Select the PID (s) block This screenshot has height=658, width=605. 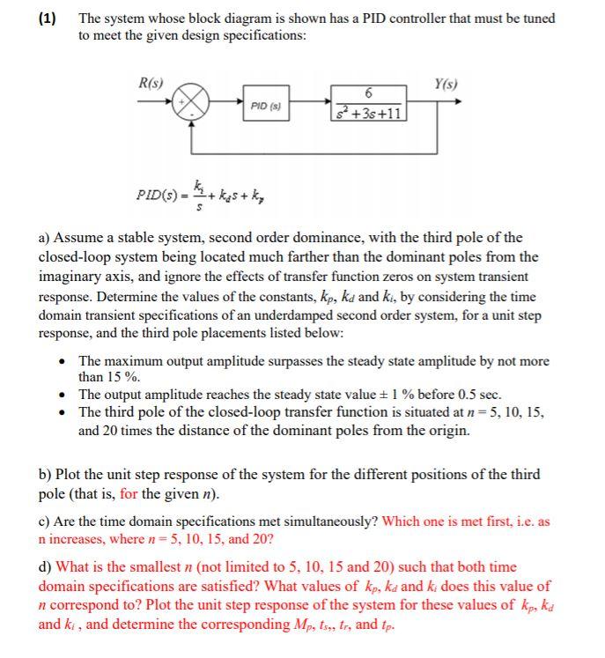(265, 106)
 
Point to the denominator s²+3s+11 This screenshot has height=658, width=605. (368, 113)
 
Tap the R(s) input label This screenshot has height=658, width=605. (150, 83)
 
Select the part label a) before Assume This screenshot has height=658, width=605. (45, 238)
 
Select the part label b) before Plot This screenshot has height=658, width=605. (45, 475)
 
